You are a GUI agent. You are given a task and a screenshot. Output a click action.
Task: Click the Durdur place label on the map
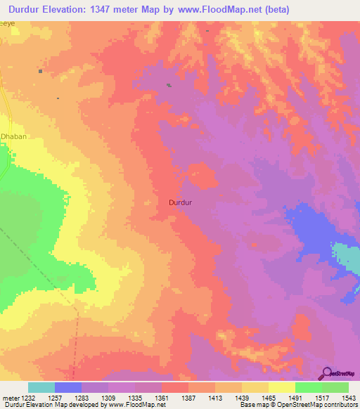tap(181, 202)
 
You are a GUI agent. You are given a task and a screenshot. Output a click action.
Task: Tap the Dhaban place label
tap(13, 137)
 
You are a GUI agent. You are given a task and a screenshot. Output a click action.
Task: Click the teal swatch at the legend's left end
tap(41, 387)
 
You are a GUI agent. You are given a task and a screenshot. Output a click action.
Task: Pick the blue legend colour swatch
tap(68, 387)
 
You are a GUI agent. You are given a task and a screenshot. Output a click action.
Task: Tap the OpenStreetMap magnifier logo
tap(326, 373)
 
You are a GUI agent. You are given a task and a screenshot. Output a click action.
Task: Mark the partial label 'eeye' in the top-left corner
tap(7, 23)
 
